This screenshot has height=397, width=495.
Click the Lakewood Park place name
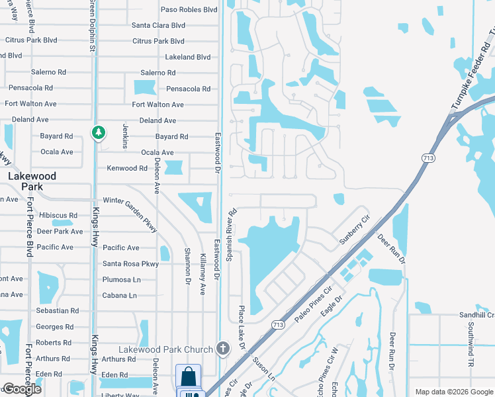click(32, 181)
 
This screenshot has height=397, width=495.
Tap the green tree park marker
click(99, 133)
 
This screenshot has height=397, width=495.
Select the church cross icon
click(223, 348)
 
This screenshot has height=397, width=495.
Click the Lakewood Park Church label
click(165, 349)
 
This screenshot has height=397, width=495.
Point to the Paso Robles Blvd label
click(189, 10)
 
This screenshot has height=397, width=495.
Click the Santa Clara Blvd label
click(158, 26)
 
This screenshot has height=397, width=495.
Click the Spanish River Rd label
click(232, 235)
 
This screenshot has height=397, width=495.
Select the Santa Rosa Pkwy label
click(131, 263)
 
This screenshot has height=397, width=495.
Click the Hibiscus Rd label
click(58, 216)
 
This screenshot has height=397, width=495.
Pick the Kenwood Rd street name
click(127, 169)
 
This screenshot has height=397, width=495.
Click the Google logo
click(22, 389)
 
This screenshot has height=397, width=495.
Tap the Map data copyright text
click(453, 392)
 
